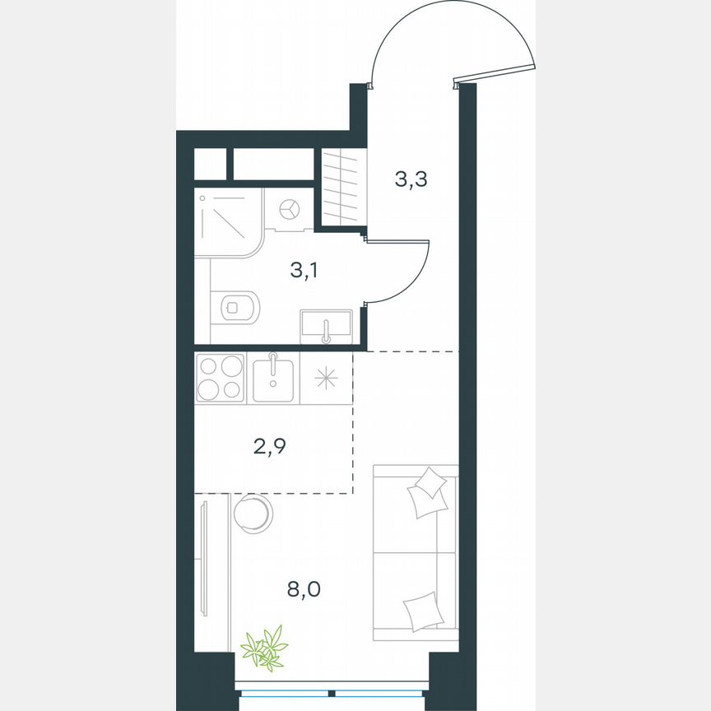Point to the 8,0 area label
pyautogui.click(x=303, y=589)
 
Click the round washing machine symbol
pyautogui.click(x=290, y=210)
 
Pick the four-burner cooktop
pyautogui.click(x=221, y=378)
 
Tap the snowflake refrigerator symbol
pyautogui.click(x=327, y=378)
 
